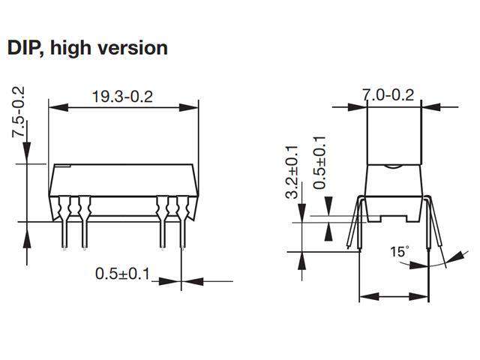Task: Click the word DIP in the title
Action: click(x=25, y=47)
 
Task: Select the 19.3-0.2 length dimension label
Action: click(x=122, y=97)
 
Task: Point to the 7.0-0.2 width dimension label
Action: click(x=388, y=96)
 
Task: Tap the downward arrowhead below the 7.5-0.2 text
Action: click(x=27, y=156)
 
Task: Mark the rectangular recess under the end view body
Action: click(x=394, y=218)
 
